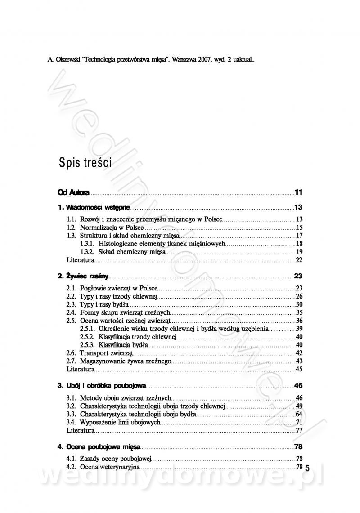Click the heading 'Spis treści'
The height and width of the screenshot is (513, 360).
click(x=85, y=162)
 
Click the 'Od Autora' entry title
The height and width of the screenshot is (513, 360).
click(x=73, y=193)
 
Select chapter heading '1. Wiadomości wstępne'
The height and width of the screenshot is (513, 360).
click(x=94, y=207)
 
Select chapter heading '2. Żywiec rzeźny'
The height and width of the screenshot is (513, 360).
click(x=83, y=276)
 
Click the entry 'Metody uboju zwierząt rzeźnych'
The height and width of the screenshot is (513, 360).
click(x=126, y=398)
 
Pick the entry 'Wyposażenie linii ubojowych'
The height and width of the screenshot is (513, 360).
click(x=120, y=422)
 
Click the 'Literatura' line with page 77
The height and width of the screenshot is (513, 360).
click(x=81, y=430)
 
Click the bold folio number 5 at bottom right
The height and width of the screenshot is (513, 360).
click(x=307, y=468)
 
